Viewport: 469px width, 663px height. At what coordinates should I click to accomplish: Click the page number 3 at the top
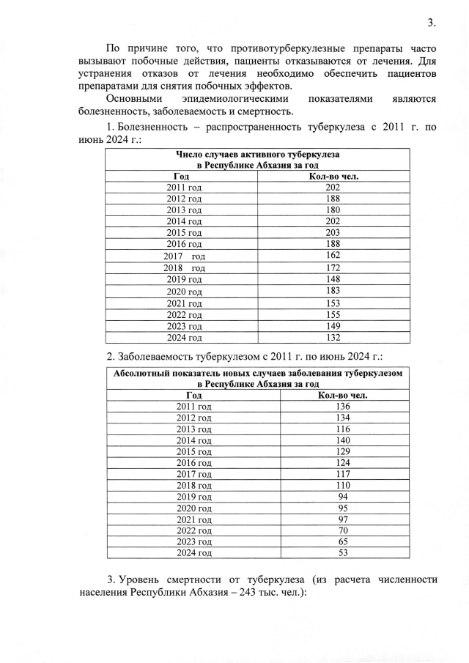432,22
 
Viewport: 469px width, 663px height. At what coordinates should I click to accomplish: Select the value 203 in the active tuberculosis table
333,232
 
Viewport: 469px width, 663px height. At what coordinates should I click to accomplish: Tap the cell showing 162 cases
333,255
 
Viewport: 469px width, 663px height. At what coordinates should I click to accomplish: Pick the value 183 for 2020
333,292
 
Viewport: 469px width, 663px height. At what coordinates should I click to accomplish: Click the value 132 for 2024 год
333,337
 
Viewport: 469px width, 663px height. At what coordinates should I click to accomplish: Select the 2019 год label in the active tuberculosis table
184,278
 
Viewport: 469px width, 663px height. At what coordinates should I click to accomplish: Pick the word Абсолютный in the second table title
142,373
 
